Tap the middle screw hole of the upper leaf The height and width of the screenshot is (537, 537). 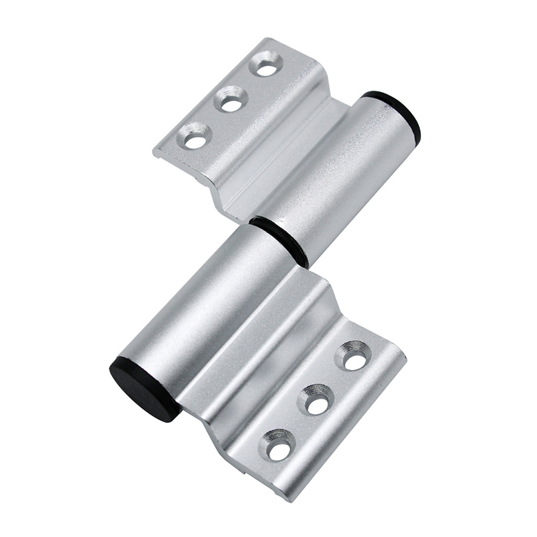232,103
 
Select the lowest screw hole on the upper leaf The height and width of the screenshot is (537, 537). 196,140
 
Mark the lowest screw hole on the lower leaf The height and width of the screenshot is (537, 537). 279,448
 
